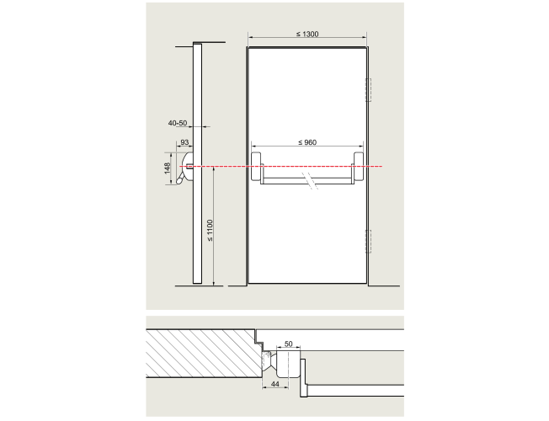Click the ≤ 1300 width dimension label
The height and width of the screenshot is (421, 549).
307,34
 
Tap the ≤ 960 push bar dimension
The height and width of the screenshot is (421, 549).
307,142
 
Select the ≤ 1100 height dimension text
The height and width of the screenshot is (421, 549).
210,230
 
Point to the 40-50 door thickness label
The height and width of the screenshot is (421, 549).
178,123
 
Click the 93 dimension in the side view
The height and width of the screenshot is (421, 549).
184,142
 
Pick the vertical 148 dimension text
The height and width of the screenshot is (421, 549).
168,168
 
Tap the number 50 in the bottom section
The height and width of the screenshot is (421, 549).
288,344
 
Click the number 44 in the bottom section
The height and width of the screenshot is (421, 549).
275,384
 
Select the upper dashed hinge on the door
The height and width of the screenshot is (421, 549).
368,90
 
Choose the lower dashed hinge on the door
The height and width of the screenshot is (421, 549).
368,242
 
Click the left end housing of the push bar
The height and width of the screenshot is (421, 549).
257,167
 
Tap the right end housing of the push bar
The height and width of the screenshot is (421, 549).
359,167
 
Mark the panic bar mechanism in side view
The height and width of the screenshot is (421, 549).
187,168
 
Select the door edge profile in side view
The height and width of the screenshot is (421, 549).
198,163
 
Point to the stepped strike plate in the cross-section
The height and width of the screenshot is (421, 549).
303,378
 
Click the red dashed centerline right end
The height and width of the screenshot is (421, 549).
382,167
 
